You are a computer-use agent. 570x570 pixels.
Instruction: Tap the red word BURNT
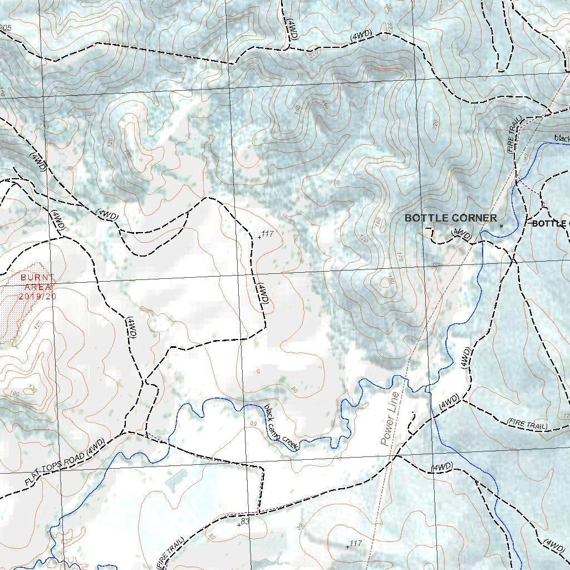[x=37, y=277]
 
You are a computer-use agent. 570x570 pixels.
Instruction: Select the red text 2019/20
[x=37, y=296]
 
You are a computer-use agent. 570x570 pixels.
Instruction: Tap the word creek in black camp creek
[x=291, y=443]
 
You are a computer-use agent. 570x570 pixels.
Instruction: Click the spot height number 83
[x=245, y=520]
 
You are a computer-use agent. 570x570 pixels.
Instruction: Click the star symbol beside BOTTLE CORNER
[x=501, y=226]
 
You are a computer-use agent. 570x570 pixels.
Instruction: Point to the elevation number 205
[x=6, y=28]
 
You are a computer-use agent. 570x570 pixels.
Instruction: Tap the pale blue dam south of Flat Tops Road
[x=176, y=479]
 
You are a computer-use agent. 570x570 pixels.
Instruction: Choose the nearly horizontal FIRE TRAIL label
[x=527, y=424]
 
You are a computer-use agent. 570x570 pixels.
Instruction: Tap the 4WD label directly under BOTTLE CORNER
[x=463, y=234]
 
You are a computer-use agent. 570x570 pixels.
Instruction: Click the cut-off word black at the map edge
[x=562, y=138]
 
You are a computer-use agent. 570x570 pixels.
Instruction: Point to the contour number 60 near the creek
[x=254, y=425]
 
